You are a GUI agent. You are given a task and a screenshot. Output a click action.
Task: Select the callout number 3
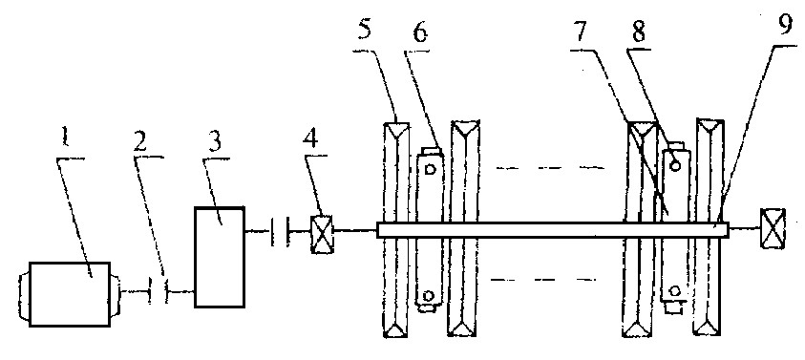215,141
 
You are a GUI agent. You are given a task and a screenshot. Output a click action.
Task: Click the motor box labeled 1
70,294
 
